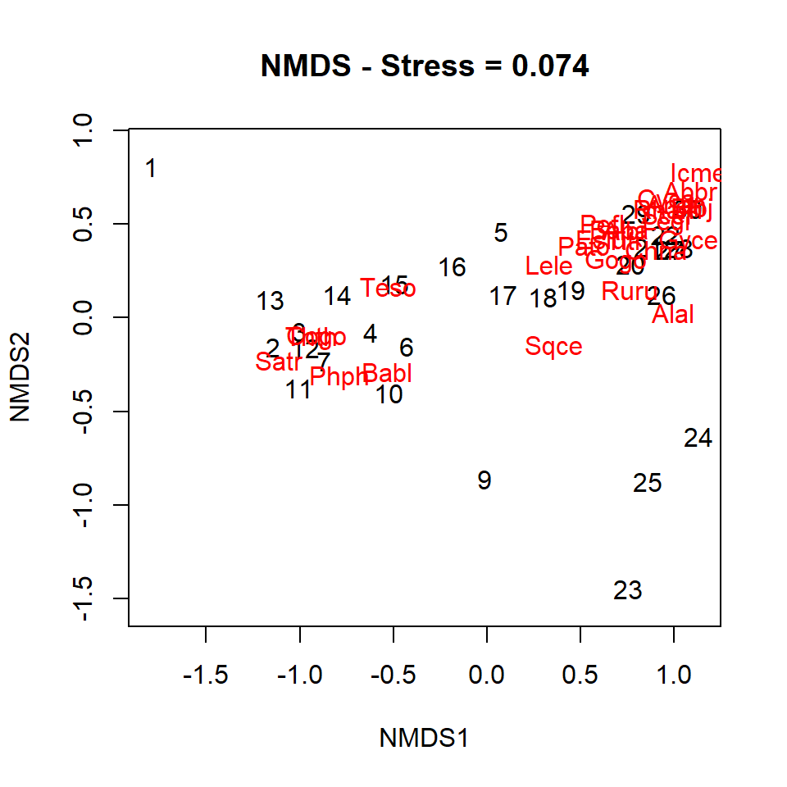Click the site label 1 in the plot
click(151, 169)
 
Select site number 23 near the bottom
click(627, 590)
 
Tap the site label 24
click(698, 439)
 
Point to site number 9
click(484, 480)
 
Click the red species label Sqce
click(553, 346)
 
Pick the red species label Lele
click(548, 266)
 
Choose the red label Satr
click(278, 362)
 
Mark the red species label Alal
click(673, 314)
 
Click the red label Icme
click(695, 174)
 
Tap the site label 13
click(270, 302)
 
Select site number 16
click(452, 267)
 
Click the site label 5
click(500, 233)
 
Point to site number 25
click(647, 483)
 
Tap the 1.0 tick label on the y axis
click(83, 130)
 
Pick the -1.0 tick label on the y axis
click(83, 505)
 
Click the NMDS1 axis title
click(424, 738)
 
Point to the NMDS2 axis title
click(22, 378)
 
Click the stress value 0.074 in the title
click(550, 66)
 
